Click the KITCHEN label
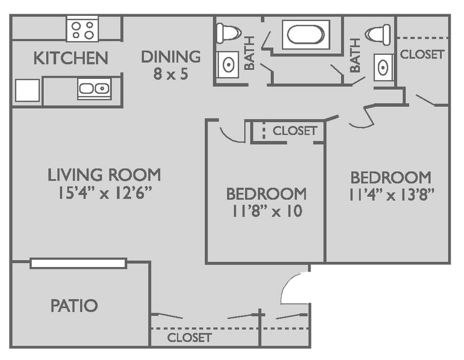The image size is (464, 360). [70, 58]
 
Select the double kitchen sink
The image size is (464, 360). [94, 88]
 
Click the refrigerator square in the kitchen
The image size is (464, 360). [27, 90]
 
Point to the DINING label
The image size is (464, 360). [171, 57]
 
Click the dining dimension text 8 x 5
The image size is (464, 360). [171, 74]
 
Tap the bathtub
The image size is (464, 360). [306, 34]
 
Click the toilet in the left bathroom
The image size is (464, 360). [228, 33]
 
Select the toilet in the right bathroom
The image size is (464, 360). [378, 34]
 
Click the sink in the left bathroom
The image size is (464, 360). [228, 65]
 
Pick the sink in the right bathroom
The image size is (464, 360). [383, 67]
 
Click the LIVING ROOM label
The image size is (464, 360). [104, 175]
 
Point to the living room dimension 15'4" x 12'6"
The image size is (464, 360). [105, 193]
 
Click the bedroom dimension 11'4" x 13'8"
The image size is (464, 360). [391, 195]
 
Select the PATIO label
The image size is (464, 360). [74, 306]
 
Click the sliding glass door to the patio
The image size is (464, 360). [78, 263]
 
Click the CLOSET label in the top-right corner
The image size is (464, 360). [422, 54]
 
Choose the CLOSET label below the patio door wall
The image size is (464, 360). [189, 337]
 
